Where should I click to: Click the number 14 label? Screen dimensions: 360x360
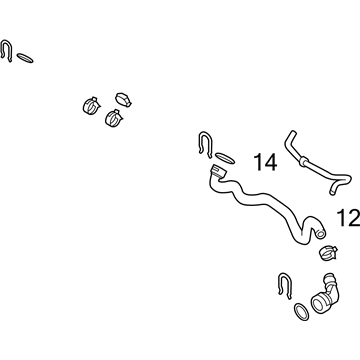coord(265,162)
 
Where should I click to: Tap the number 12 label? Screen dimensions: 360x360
coord(349,218)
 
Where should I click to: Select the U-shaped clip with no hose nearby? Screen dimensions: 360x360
coord(6,50)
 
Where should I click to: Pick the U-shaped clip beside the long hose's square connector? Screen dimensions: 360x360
coord(206,143)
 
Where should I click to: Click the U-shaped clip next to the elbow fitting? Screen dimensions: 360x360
coord(284,284)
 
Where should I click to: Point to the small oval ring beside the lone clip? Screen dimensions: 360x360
coord(25,58)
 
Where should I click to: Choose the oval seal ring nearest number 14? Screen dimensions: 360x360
coord(225,158)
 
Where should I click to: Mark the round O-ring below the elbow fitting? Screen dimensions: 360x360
coord(301,312)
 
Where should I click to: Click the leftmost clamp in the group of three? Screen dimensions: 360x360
coord(91,105)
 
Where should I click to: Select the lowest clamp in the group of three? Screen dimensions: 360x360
coord(114,118)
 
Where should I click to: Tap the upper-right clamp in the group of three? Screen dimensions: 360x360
coord(123,99)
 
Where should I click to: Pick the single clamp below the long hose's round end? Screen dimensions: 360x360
coord(328,252)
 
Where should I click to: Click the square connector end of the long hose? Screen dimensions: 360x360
coord(218,172)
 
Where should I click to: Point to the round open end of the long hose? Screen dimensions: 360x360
coord(320,234)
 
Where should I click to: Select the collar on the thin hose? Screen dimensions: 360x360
coord(303,161)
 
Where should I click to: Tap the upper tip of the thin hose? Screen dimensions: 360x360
coord(292,133)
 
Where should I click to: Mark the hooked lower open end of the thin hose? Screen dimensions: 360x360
coord(332,192)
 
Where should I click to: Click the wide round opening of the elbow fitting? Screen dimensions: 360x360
coord(318,303)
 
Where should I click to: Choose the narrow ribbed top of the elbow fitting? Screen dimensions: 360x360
coord(329,277)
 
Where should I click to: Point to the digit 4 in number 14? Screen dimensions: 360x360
coord(271,162)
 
